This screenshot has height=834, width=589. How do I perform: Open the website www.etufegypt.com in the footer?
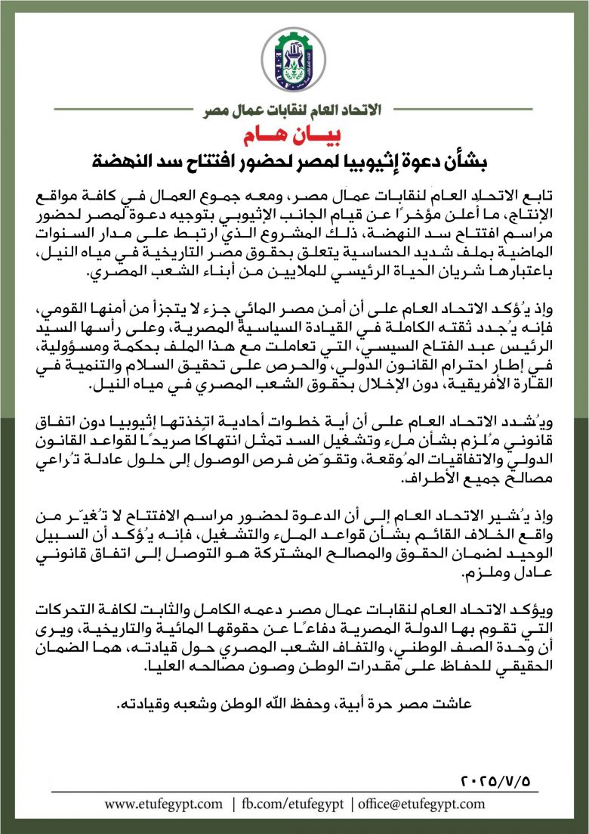(x=163, y=804)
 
